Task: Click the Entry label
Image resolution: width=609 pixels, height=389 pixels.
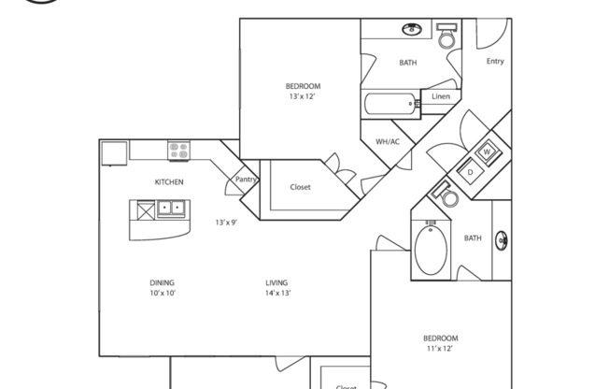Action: coord(495,61)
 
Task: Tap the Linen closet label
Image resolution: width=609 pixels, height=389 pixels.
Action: coord(441,96)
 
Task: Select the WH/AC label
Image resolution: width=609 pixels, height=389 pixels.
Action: coord(388,141)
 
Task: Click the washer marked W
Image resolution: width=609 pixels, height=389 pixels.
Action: coord(487,151)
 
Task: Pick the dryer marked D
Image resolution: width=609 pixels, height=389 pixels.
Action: coord(471,172)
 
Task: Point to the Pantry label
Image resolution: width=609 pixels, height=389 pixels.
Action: coord(246,180)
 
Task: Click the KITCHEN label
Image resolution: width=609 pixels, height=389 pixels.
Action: coord(169,182)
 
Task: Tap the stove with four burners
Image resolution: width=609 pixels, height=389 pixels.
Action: coord(178,151)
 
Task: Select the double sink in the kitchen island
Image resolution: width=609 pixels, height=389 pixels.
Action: coord(171,209)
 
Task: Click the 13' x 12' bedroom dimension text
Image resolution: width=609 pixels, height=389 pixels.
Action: coord(302,96)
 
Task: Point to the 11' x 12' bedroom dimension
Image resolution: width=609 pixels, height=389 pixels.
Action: coord(440,349)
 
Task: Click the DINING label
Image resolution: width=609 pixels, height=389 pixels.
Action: coord(162,282)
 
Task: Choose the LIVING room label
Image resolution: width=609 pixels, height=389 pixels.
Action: coord(276,282)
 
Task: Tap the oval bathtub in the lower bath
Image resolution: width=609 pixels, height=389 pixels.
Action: coord(431,250)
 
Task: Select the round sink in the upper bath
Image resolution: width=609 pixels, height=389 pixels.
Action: coord(412,29)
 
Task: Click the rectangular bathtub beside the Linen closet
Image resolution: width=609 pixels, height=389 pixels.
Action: coord(390,104)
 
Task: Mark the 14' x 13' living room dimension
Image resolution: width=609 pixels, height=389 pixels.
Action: coord(278,293)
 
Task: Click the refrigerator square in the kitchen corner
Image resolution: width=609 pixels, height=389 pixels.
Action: coord(114,153)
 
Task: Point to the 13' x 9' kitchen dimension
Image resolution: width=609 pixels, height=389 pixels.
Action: coord(226,223)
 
